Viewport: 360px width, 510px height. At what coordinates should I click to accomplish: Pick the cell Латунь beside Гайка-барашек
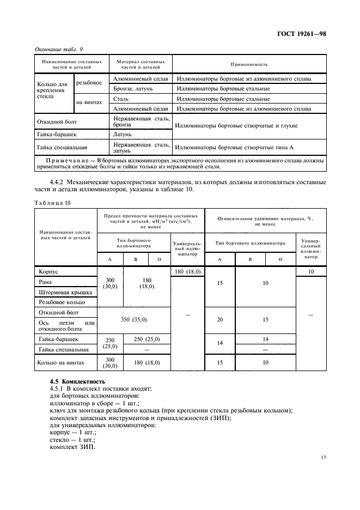(x=123, y=133)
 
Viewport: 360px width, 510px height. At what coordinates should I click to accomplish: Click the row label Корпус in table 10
(x=48, y=271)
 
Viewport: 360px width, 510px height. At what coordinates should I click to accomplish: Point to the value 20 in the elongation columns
(x=219, y=319)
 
